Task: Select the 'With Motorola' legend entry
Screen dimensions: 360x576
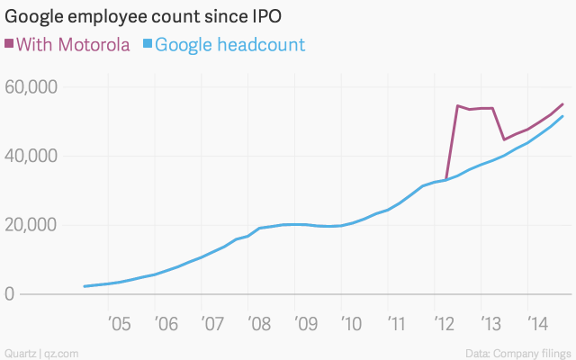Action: pyautogui.click(x=72, y=44)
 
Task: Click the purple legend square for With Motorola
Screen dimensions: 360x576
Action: pyautogui.click(x=9, y=44)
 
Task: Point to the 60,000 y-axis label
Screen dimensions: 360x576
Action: pyautogui.click(x=31, y=87)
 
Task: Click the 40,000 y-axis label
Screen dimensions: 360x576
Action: pyautogui.click(x=31, y=156)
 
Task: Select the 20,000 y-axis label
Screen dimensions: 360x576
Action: pyautogui.click(x=31, y=225)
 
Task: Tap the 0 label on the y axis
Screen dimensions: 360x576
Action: pyautogui.click(x=9, y=294)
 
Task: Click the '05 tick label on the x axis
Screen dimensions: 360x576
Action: pyautogui.click(x=120, y=321)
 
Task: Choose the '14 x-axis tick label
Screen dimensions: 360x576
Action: pyautogui.click(x=536, y=321)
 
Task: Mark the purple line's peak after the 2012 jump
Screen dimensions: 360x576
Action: pyautogui.click(x=458, y=106)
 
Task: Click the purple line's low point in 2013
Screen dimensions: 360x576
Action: pyautogui.click(x=504, y=139)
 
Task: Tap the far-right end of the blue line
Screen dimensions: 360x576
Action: pyautogui.click(x=563, y=116)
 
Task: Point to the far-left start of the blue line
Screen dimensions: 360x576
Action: pyautogui.click(x=84, y=286)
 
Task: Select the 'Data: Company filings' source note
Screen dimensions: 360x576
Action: pyautogui.click(x=521, y=351)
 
